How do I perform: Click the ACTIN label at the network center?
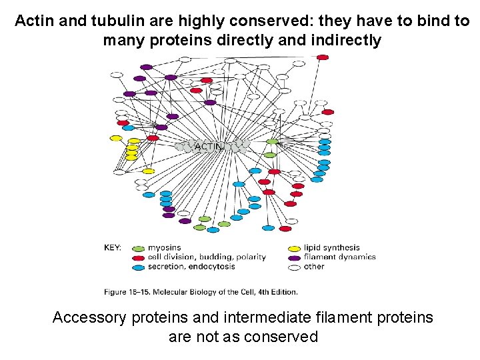207,146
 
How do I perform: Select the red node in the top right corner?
323,57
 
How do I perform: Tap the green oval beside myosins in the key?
138,248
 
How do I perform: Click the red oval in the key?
138,257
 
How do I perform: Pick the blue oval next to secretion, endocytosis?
138,267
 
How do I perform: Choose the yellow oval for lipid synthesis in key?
294,248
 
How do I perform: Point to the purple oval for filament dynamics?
294,257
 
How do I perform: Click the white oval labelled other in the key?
294,267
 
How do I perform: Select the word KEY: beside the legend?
113,248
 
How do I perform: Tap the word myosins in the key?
165,248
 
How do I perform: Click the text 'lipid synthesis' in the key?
331,248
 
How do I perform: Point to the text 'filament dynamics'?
339,257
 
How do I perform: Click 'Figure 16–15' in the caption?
128,291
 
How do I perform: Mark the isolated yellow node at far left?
115,138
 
